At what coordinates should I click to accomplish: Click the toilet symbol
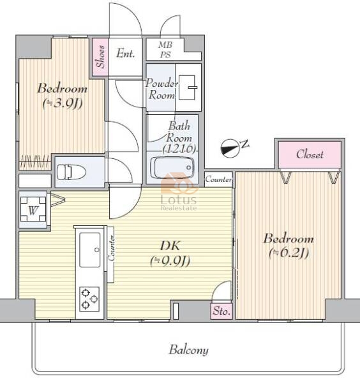pyautogui.click(x=71, y=172)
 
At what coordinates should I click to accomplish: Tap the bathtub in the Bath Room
pyautogui.click(x=172, y=168)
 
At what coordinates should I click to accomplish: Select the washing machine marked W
pyautogui.click(x=33, y=209)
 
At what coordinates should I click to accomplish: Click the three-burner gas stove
pyautogui.click(x=89, y=299)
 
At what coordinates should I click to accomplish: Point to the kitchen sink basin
pyautogui.click(x=90, y=250)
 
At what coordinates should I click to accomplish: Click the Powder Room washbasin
pyautogui.click(x=188, y=87)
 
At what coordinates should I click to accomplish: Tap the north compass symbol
pyautogui.click(x=230, y=148)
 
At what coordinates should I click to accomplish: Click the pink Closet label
pyautogui.click(x=310, y=154)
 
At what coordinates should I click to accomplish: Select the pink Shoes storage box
pyautogui.click(x=100, y=57)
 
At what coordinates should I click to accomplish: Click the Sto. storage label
pyautogui.click(x=221, y=312)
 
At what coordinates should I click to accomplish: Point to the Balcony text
pyautogui.click(x=189, y=350)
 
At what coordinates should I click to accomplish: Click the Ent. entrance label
pyautogui.click(x=126, y=54)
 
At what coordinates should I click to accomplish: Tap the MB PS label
pyautogui.click(x=165, y=50)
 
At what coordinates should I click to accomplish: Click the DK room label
pyautogui.click(x=170, y=246)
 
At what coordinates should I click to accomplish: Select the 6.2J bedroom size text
pyautogui.click(x=289, y=253)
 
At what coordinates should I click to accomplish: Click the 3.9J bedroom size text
pyautogui.click(x=63, y=104)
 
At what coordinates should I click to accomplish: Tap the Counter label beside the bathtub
pyautogui.click(x=218, y=179)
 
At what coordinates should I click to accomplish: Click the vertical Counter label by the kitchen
pyautogui.click(x=111, y=248)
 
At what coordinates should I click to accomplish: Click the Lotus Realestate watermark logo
pyautogui.click(x=179, y=192)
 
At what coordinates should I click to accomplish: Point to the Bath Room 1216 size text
pyautogui.click(x=179, y=148)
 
